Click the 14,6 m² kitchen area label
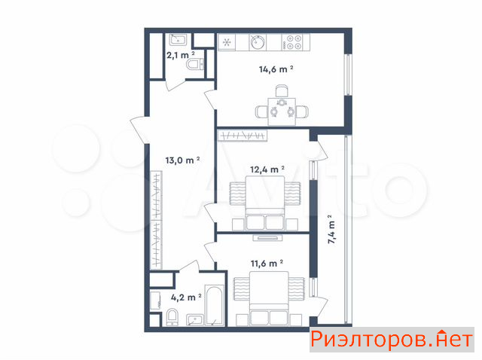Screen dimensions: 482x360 coord(276,69)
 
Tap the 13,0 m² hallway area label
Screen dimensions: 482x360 coord(182,160)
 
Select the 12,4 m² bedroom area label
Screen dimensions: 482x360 coord(267,169)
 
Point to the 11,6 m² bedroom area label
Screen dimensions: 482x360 coord(267,264)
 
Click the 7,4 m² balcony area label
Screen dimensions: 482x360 coord(331,230)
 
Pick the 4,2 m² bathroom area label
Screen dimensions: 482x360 coord(186,297)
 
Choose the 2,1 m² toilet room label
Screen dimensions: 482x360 coord(181,55)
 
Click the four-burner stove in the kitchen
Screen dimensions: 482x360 coord(295,42)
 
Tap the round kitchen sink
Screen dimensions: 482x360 coord(257,42)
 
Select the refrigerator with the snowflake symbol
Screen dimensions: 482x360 coord(227,42)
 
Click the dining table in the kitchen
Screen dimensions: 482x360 coord(282,111)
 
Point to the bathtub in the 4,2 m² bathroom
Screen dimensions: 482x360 coord(214,306)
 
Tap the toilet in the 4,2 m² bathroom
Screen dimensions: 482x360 coord(172,317)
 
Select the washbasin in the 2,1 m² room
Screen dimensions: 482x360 coord(178,40)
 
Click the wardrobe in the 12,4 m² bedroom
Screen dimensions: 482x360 coord(243,136)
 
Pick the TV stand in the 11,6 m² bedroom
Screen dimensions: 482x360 coord(267,237)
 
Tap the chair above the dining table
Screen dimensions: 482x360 coord(282,91)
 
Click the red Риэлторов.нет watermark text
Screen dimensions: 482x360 coord(391,340)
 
